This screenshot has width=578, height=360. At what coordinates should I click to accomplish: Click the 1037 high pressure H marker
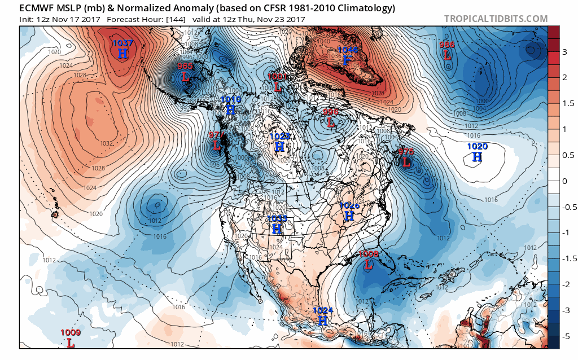click(123, 53)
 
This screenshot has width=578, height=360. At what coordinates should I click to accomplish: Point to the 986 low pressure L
click(447, 55)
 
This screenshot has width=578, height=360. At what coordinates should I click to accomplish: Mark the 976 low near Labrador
click(406, 162)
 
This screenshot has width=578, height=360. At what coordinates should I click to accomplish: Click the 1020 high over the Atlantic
click(478, 157)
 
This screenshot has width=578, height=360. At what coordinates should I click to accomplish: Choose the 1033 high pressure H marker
click(277, 229)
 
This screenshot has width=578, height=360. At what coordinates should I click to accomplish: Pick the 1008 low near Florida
click(368, 264)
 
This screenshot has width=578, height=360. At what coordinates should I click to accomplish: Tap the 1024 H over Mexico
click(323, 320)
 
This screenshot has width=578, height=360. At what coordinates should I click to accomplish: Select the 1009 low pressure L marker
click(71, 342)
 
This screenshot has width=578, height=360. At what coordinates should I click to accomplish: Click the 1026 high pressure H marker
click(349, 216)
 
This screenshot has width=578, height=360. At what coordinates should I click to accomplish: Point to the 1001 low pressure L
click(277, 86)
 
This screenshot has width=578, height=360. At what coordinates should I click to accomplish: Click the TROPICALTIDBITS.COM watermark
click(496, 19)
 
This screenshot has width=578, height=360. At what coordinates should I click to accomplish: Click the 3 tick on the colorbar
click(564, 52)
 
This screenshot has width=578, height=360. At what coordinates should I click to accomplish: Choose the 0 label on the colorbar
click(564, 181)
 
